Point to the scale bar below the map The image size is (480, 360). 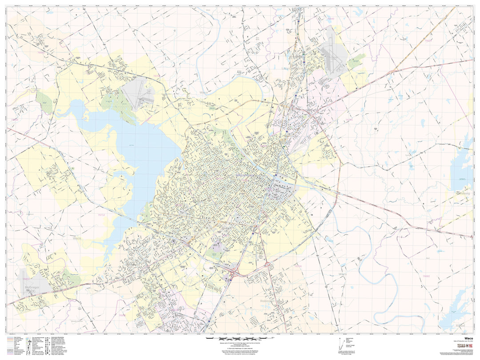pyautogui.click(x=240, y=339)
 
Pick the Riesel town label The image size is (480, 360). pyautogui.click(x=460, y=326)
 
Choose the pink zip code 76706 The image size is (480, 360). pyautogui.click(x=298, y=266)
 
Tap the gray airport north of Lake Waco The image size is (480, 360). pyautogui.click(x=136, y=91)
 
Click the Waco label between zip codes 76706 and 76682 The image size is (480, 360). pyautogui.click(x=342, y=274)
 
